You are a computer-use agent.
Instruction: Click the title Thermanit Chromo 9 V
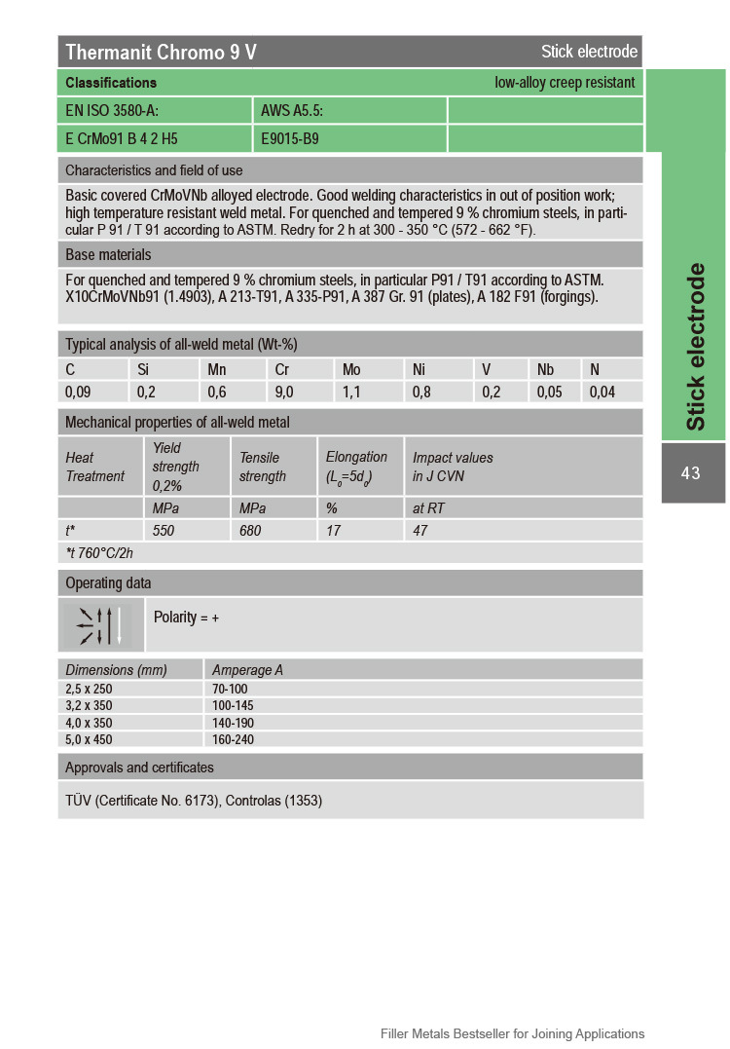pyautogui.click(x=161, y=53)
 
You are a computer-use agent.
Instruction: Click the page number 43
pyautogui.click(x=691, y=473)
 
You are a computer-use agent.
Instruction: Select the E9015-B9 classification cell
pyautogui.click(x=290, y=139)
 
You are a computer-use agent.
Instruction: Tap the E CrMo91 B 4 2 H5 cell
pyautogui.click(x=122, y=139)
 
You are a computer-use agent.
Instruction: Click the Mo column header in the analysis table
pyautogui.click(x=351, y=370)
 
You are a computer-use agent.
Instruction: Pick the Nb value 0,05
pyautogui.click(x=551, y=393)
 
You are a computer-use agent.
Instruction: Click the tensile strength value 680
pyautogui.click(x=251, y=531)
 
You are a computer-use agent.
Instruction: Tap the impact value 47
pyautogui.click(x=420, y=531)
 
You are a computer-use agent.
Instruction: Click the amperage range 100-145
pyautogui.click(x=233, y=705)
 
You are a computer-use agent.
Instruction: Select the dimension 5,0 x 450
pyautogui.click(x=90, y=739)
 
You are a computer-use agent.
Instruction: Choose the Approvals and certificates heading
pyautogui.click(x=139, y=768)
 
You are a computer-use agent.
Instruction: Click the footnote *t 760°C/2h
pyautogui.click(x=99, y=552)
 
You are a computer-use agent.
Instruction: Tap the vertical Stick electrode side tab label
pyautogui.click(x=695, y=347)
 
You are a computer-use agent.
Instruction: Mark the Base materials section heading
pyautogui.click(x=108, y=255)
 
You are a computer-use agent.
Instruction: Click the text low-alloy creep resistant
pyautogui.click(x=565, y=83)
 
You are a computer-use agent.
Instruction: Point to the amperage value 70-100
pyautogui.click(x=230, y=689)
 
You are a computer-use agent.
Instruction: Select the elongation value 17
pyautogui.click(x=333, y=531)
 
